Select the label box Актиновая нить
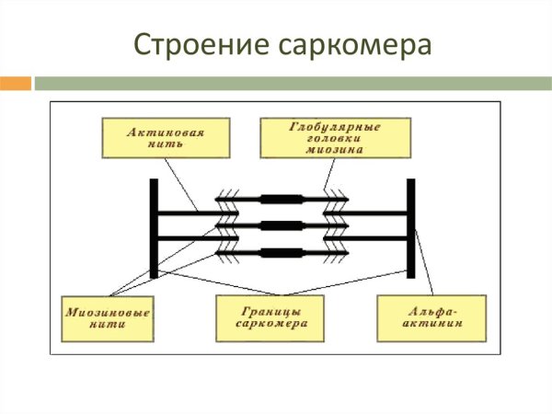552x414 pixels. tap(165, 137)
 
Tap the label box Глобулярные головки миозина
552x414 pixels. tap(321, 137)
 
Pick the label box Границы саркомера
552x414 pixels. tap(270, 317)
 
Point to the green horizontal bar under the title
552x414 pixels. tap(293, 83)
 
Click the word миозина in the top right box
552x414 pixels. tap(335, 147)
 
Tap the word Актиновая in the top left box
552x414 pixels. tap(166, 132)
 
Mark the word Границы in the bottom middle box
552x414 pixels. tap(270, 312)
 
